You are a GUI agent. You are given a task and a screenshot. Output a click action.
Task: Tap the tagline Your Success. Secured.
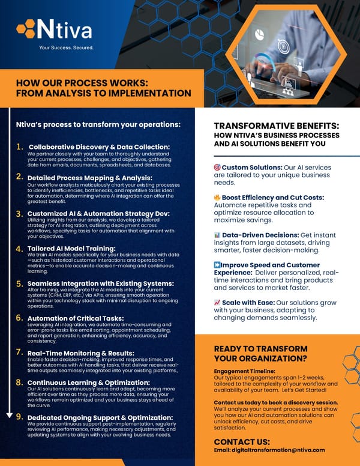[x=66, y=47]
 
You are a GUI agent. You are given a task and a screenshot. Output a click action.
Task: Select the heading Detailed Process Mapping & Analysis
[x=90, y=177]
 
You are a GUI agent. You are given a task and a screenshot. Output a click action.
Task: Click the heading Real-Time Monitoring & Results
[x=81, y=353]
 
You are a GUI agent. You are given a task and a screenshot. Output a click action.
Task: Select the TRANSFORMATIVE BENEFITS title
[x=277, y=126]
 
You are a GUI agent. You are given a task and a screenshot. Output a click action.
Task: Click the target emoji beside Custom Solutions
[x=217, y=168]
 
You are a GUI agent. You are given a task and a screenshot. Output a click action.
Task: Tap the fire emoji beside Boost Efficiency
[x=217, y=198]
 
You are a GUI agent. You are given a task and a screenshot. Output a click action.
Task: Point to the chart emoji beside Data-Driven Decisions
[x=217, y=235]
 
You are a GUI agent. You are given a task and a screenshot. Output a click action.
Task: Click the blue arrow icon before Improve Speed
[x=217, y=265]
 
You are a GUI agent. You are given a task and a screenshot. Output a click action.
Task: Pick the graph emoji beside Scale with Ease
[x=217, y=303]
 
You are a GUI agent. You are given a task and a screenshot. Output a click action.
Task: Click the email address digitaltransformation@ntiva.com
[x=269, y=450]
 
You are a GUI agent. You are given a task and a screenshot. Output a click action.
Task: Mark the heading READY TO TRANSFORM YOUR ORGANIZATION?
[x=260, y=354]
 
